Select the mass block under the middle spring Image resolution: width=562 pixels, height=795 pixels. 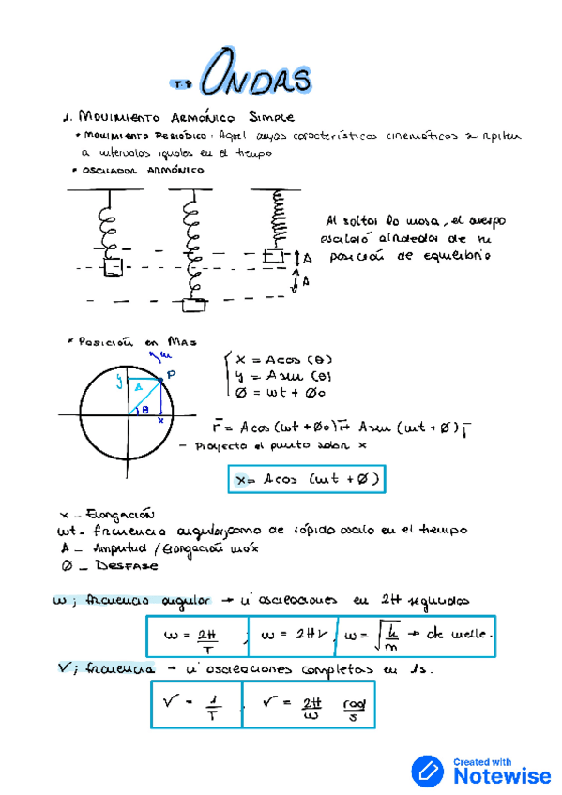195,303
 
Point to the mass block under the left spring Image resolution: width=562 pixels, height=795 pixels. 113,267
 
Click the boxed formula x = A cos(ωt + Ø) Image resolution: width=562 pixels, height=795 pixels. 307,480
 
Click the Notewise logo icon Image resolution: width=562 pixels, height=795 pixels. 429,771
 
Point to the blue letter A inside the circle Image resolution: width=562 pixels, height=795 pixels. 139,386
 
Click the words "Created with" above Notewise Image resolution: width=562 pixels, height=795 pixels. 484,761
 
